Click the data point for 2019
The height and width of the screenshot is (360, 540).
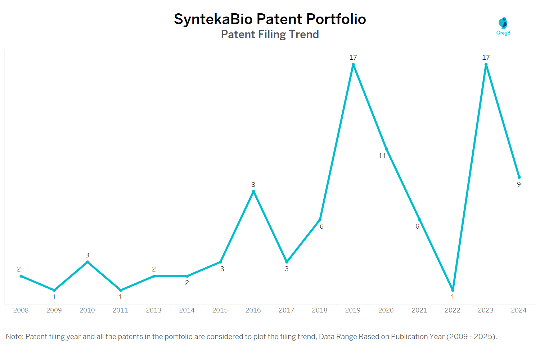click(x=353, y=65)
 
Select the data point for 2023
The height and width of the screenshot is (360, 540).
click(x=486, y=65)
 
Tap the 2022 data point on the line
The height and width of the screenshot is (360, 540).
click(x=453, y=290)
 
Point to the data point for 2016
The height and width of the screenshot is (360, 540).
click(x=253, y=192)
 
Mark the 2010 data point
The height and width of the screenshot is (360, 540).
click(x=87, y=262)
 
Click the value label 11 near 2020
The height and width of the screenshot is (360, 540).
click(x=382, y=156)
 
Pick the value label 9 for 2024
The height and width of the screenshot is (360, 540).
click(x=519, y=184)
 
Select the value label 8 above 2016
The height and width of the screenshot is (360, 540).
click(x=253, y=185)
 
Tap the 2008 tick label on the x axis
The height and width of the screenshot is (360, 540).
click(x=21, y=310)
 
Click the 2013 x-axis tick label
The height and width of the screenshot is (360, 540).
click(x=154, y=310)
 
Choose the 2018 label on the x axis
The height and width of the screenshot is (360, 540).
click(x=320, y=310)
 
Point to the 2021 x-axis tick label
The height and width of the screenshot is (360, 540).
click(x=419, y=310)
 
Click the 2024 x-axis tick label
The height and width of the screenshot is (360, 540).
click(x=519, y=310)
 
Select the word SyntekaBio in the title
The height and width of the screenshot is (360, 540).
click(x=213, y=19)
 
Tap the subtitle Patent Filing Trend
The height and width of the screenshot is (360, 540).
click(x=270, y=35)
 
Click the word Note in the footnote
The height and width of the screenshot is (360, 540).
click(x=14, y=337)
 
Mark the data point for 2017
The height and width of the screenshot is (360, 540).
click(x=287, y=262)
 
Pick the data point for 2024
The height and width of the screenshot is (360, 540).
click(x=519, y=177)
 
